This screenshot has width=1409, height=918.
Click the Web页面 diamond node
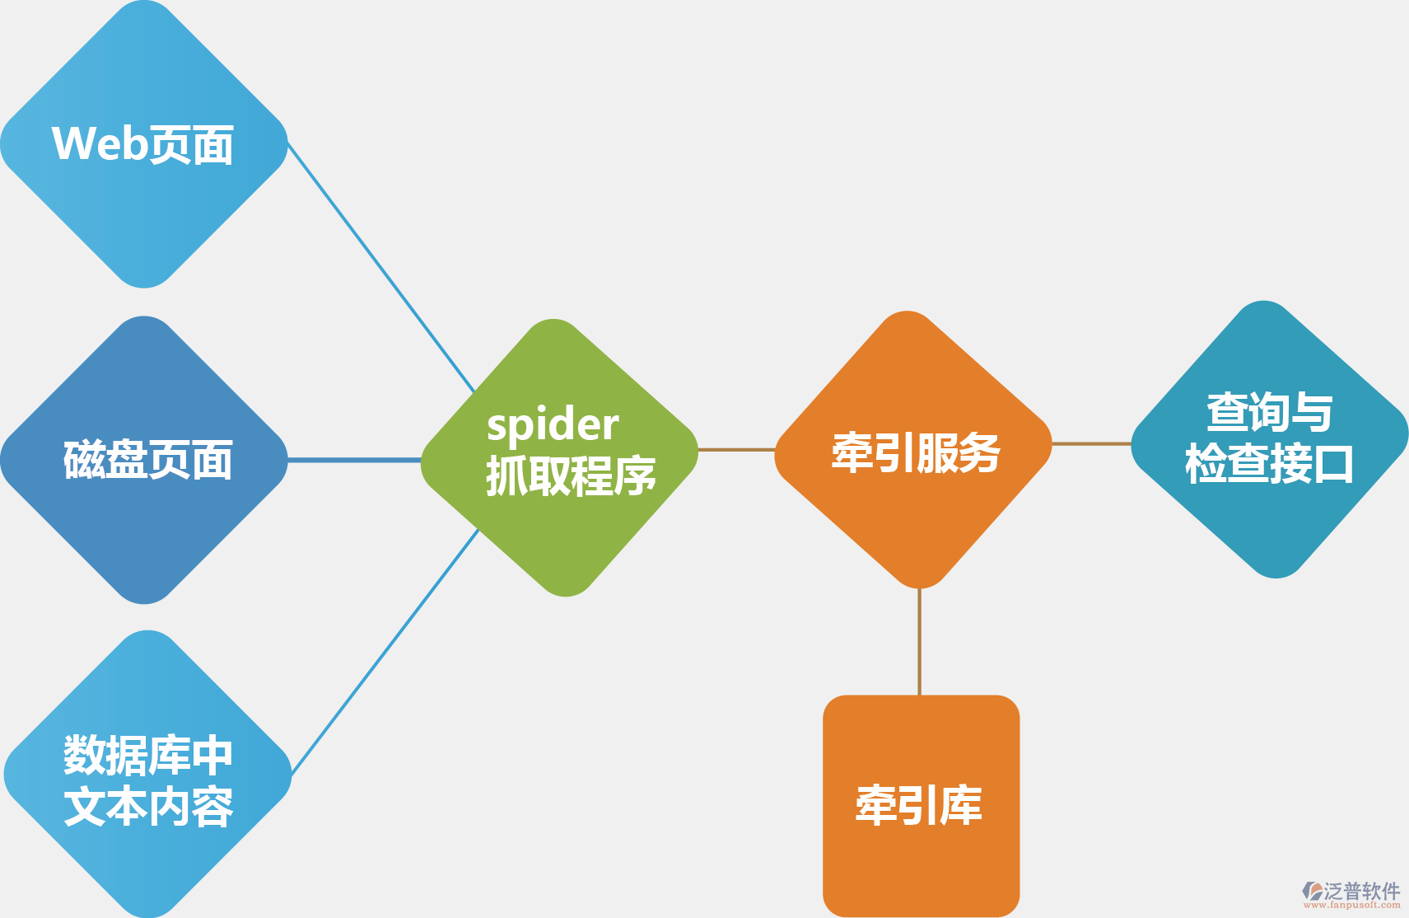coord(144,144)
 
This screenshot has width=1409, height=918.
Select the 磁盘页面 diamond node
coord(144,460)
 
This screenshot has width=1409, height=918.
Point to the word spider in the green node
coord(553,425)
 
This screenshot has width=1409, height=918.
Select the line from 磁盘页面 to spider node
coord(354,460)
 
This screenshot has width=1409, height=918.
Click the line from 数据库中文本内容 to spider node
coord(385,651)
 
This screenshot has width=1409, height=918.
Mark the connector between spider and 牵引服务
coord(736,450)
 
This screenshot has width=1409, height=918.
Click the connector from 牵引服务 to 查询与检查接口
coord(1091,443)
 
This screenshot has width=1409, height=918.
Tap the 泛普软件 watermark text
coord(1362,891)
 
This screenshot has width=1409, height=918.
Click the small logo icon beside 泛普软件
coord(1313,891)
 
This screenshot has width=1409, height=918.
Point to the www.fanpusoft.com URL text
coord(1351,905)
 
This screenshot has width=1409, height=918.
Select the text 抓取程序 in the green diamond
coord(571,476)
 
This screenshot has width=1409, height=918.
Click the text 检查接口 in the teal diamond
coord(1269,463)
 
